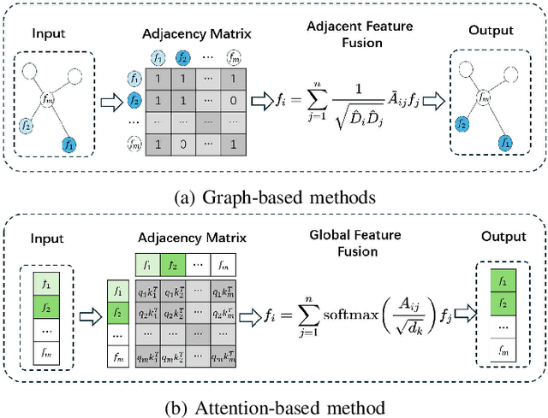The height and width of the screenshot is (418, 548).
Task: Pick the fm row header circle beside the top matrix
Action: point(134,145)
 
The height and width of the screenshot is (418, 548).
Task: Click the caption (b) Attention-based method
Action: point(273,405)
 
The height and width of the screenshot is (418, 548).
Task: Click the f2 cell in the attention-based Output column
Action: point(500,303)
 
